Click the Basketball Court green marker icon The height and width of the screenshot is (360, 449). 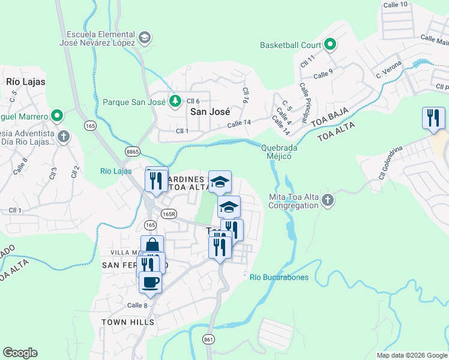point(330,45)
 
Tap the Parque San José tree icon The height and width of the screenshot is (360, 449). point(175,102)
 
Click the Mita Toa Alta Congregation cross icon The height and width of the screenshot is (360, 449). point(327,201)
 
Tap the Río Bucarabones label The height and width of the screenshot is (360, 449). point(279,277)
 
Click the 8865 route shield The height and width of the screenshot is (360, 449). point(133,152)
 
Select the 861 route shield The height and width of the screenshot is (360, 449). point(208,339)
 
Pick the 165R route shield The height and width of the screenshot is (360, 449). point(169,214)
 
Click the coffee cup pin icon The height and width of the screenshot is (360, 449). point(150,281)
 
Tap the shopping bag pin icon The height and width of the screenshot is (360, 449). point(152,245)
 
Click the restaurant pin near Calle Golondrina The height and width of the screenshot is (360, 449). point(433,118)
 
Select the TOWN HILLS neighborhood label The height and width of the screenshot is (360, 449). point(128,322)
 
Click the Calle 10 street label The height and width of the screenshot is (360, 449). point(395,5)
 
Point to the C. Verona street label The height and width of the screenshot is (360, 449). point(388,70)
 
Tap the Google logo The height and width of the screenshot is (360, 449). point(20,352)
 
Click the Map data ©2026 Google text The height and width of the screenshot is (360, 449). point(412,355)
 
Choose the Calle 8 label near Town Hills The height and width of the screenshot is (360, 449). point(137,305)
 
